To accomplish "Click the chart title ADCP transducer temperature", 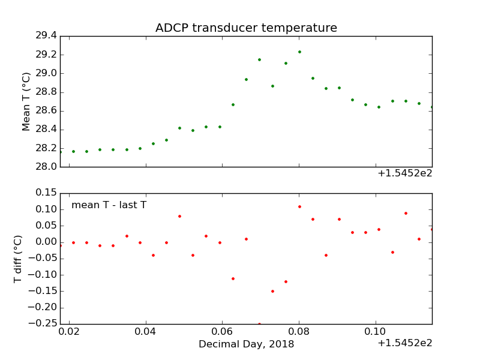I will (x=246, y=28).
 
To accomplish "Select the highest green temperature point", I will (x=299, y=52).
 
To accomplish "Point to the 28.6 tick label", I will (x=46, y=111).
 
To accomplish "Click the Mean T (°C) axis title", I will (x=26, y=101).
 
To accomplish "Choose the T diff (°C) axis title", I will (x=18, y=259).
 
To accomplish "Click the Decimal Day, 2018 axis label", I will (x=246, y=344).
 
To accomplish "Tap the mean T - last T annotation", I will (x=109, y=205).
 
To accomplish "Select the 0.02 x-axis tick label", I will (x=69, y=331).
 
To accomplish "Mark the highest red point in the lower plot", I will (x=299, y=206).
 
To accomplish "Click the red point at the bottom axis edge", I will (x=259, y=324).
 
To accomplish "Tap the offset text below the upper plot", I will (x=404, y=174).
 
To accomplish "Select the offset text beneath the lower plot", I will (x=404, y=343).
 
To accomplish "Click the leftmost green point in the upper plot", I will (x=60, y=152).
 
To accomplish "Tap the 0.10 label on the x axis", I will (x=376, y=331).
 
